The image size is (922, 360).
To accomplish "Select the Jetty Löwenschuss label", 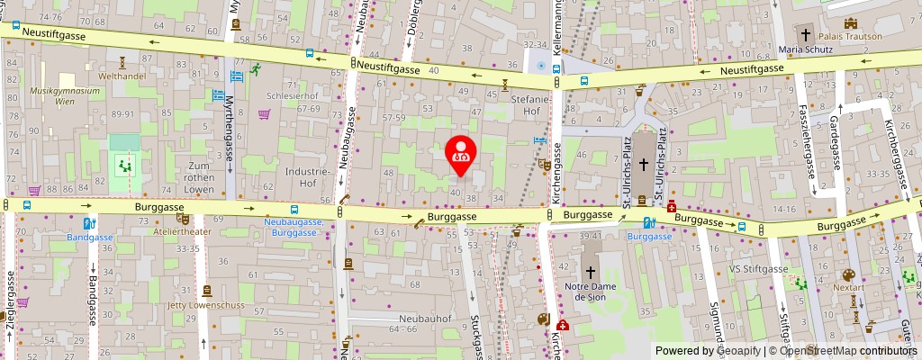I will click(x=206, y=305).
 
